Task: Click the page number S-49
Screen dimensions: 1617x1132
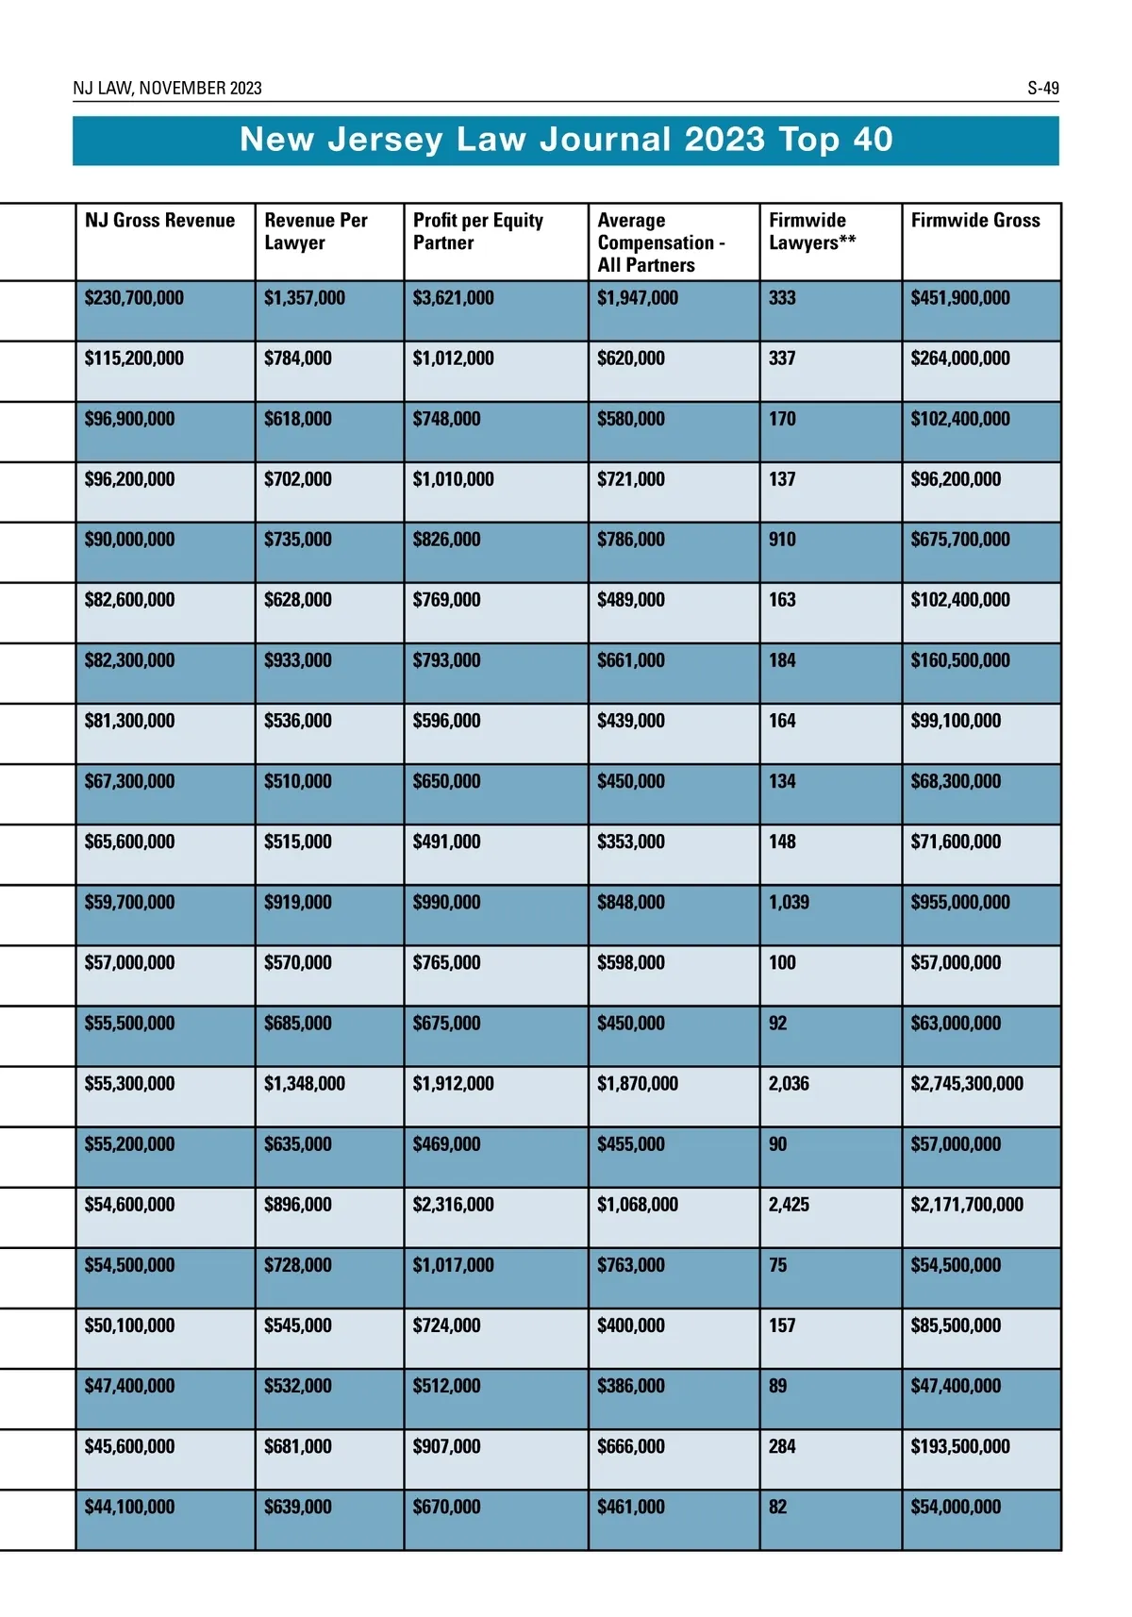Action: [x=1042, y=89]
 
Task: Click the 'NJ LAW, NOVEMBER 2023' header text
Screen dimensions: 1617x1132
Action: [x=167, y=89]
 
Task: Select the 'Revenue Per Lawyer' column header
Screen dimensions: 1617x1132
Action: [x=315, y=231]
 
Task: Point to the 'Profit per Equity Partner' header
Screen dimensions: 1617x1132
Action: [x=477, y=231]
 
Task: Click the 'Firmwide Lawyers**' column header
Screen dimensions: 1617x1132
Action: [x=811, y=231]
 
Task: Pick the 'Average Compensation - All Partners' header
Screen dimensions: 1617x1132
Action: [x=660, y=242]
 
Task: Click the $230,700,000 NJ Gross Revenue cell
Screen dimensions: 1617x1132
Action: [x=134, y=298]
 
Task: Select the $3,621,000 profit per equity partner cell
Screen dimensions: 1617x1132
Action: [x=453, y=298]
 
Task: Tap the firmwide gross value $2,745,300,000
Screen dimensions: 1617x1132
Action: [x=966, y=1084]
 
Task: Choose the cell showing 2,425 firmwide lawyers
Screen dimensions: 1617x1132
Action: [x=789, y=1205]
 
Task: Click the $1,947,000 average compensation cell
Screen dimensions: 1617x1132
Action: [x=637, y=298]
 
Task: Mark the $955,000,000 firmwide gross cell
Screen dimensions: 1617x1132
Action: [x=959, y=903]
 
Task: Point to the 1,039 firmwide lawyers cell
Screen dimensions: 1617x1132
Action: [x=789, y=903]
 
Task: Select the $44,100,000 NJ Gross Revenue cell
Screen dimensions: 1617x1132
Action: [x=129, y=1508]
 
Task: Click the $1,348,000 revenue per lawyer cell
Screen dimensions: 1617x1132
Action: [x=304, y=1084]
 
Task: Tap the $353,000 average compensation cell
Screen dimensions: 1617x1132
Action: [x=630, y=842]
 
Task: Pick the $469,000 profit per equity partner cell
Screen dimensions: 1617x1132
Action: [x=446, y=1144]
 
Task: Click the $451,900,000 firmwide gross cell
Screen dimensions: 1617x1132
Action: [x=959, y=298]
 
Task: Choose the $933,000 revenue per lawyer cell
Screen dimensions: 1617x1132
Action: [x=297, y=661]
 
